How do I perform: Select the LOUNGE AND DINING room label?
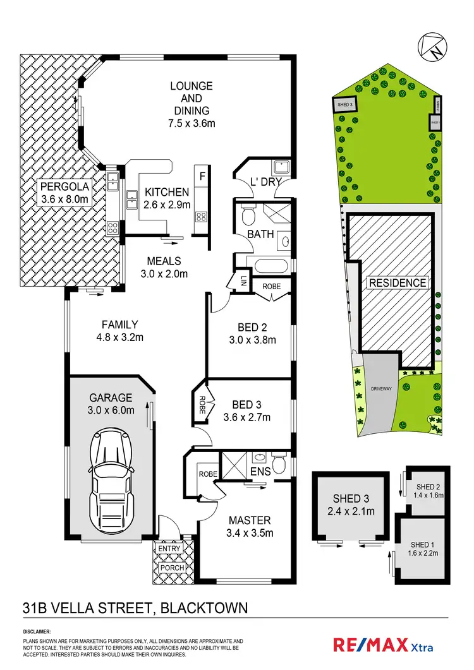click(x=191, y=98)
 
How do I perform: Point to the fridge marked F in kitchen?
click(x=202, y=176)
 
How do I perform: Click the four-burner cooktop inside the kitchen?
click(x=202, y=217)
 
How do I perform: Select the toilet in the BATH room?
click(x=248, y=215)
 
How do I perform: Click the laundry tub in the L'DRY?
click(x=282, y=168)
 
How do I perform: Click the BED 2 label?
click(x=252, y=327)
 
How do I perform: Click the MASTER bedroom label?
click(x=250, y=520)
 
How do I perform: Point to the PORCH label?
click(x=172, y=568)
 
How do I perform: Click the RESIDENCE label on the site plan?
click(x=398, y=282)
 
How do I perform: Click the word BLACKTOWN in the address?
click(x=204, y=608)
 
